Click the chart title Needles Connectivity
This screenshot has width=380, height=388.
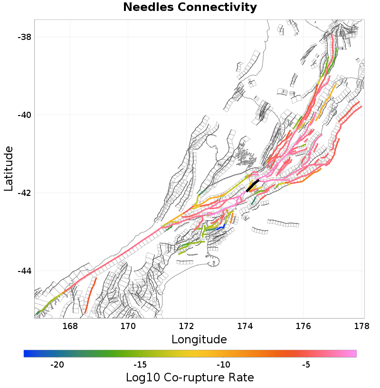pyautogui.click(x=190, y=8)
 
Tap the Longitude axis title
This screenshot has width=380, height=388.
pyautogui.click(x=199, y=339)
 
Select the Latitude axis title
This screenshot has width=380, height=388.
pyautogui.click(x=9, y=169)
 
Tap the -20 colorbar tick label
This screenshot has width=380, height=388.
pyautogui.click(x=57, y=365)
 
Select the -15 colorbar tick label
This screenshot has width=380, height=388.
pyautogui.click(x=140, y=365)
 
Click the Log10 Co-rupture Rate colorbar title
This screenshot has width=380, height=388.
pyautogui.click(x=190, y=378)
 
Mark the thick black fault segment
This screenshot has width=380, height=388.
pyautogui.click(x=253, y=185)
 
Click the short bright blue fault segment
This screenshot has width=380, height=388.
pyautogui.click(x=220, y=228)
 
